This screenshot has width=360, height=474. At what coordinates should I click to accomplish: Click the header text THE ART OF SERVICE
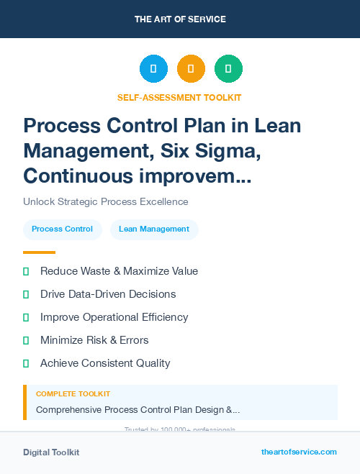(180, 19)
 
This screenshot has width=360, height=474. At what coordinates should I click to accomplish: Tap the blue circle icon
(153, 69)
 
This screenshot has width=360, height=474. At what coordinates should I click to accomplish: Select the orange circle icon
(191, 69)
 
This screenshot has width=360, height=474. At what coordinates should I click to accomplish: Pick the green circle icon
(228, 69)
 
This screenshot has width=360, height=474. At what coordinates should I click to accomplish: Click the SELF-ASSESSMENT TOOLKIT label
(179, 97)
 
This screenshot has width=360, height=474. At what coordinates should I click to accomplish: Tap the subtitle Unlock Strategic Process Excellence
(106, 201)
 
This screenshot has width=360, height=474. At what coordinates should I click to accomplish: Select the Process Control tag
(62, 229)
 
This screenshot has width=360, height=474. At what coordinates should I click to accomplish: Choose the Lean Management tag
(154, 229)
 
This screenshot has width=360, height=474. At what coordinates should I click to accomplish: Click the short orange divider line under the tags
(39, 252)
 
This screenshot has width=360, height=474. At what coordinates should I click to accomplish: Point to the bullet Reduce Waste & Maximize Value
(119, 271)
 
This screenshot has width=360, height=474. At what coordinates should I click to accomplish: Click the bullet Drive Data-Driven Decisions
(108, 294)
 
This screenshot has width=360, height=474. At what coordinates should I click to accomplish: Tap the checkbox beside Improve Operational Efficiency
(27, 317)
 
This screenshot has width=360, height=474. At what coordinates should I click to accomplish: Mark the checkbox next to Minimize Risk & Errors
(27, 340)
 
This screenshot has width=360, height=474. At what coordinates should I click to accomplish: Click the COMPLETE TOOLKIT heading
(73, 394)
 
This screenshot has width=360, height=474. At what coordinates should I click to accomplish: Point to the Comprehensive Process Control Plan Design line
(138, 410)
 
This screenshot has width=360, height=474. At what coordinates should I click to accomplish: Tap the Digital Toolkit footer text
(51, 452)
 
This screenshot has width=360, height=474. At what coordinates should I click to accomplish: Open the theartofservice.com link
(299, 452)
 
